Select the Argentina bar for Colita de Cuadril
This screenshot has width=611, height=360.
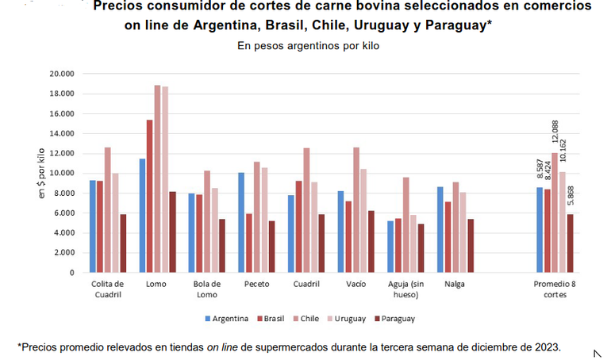click(x=93, y=226)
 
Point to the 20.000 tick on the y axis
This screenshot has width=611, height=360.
click(x=62, y=74)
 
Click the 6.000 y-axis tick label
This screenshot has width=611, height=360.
click(x=64, y=213)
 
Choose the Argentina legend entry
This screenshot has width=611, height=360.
click(x=227, y=319)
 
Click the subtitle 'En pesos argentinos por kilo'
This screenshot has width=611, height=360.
click(x=309, y=46)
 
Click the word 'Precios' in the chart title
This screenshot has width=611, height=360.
click(x=119, y=6)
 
